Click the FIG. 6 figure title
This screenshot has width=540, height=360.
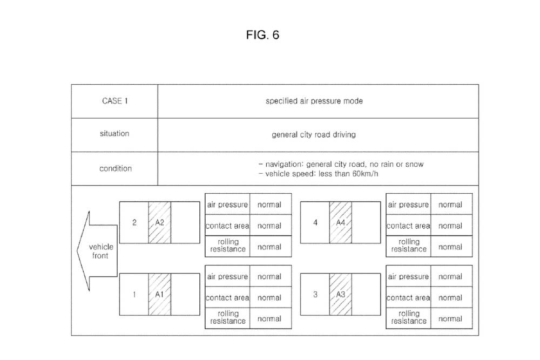[262, 36]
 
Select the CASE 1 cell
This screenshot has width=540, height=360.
[115, 101]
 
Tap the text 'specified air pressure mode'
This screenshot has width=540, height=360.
[314, 101]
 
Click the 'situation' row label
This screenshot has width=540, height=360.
[114, 133]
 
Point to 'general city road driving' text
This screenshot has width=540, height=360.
[314, 134]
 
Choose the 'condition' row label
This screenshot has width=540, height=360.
[115, 168]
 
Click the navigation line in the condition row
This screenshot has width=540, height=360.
[341, 164]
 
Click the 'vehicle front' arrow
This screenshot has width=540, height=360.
[99, 251]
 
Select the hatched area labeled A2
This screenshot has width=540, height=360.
[160, 222]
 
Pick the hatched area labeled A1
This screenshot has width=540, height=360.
[160, 295]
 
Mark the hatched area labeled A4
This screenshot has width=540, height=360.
[341, 222]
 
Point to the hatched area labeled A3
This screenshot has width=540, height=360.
[341, 295]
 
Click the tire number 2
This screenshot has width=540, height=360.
[134, 222]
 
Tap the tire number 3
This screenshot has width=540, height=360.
[315, 295]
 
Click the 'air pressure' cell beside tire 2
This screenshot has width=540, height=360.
[227, 205]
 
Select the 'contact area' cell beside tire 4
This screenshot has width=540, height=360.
[408, 226]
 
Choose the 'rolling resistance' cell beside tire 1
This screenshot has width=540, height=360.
[227, 317]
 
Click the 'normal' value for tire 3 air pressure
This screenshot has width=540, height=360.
[450, 276]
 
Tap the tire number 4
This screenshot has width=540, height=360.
[315, 222]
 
